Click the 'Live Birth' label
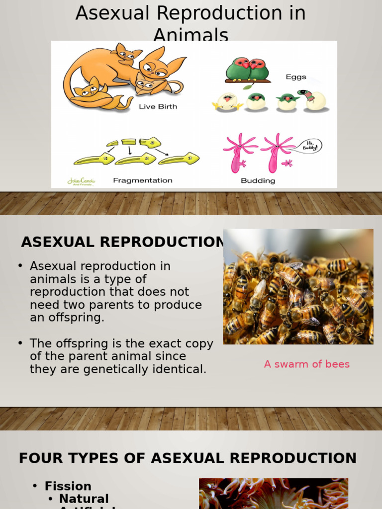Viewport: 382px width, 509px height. [158, 106]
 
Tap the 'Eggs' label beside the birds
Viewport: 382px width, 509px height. [296, 77]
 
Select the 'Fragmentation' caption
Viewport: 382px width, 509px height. [143, 180]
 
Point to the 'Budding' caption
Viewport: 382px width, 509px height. [258, 181]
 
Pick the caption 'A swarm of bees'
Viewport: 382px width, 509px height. [306, 364]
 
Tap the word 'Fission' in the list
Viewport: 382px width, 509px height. [68, 486]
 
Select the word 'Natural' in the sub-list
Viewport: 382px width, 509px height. [84, 499]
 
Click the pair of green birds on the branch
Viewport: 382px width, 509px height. [247, 69]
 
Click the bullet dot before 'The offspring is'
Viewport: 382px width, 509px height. [20, 343]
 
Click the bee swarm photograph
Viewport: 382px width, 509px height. [298, 287]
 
